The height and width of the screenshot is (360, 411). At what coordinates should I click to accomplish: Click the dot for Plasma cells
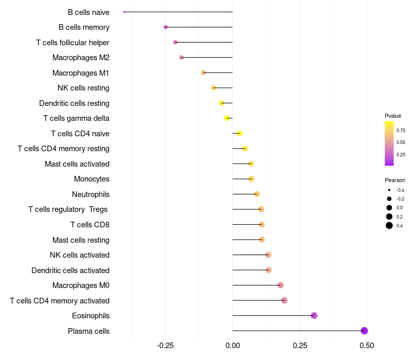tap(364, 331)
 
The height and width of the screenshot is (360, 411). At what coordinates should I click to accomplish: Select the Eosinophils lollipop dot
tap(314, 316)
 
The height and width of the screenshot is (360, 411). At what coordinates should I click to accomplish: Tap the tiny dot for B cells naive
tap(124, 12)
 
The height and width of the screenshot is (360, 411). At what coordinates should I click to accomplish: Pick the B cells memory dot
tap(165, 27)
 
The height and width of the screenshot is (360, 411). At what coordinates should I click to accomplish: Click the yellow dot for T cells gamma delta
tap(227, 118)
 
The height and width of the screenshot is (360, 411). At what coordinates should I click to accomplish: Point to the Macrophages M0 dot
tap(281, 285)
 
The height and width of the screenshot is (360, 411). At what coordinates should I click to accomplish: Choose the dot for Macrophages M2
tap(181, 58)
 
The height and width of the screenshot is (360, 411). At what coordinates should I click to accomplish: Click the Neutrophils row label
tap(90, 194)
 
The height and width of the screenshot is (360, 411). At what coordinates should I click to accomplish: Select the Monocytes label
tap(91, 179)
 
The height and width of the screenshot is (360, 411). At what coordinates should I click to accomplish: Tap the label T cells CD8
tap(90, 225)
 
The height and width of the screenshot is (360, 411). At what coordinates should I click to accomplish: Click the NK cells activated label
tap(80, 255)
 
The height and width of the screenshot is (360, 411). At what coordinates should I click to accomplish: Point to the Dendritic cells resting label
tap(74, 103)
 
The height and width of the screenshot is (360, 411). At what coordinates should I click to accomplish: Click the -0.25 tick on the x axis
tap(165, 345)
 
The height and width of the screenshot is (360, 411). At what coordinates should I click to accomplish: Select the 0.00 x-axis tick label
tap(233, 345)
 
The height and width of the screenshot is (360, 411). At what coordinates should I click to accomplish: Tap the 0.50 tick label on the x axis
tap(367, 345)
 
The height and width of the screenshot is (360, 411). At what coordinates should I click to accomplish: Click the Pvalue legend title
tap(393, 116)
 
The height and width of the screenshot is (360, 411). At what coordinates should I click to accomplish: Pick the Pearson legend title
tap(395, 180)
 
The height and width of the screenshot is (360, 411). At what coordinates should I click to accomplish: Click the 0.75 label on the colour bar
tap(401, 131)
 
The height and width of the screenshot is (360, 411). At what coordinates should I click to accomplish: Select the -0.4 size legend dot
tap(389, 190)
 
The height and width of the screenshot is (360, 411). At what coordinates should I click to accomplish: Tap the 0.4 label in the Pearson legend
tap(400, 226)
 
